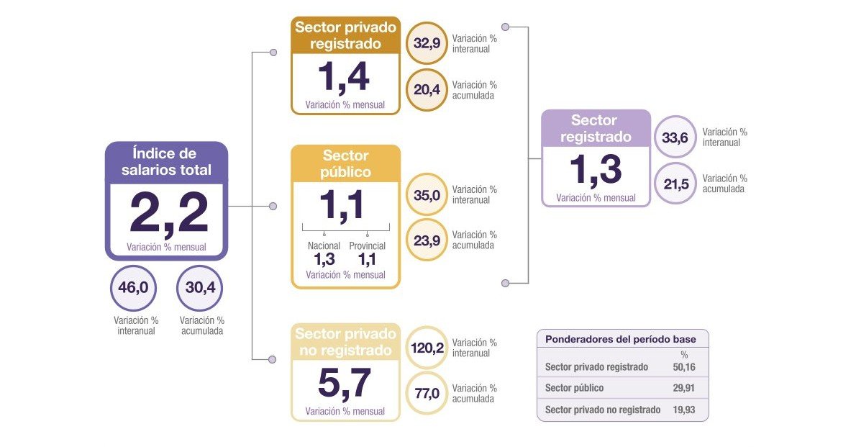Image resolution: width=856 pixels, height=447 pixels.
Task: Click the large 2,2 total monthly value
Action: tap(169, 212)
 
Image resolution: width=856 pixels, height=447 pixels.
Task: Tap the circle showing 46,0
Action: tap(133, 288)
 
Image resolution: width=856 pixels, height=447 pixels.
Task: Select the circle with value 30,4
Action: tap(199, 288)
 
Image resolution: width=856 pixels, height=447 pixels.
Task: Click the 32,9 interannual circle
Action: tap(427, 42)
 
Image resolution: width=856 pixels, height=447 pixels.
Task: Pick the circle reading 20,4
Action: tap(427, 89)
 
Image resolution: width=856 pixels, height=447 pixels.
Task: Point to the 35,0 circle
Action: tap(427, 194)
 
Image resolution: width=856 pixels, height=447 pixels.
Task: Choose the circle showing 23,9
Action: tap(427, 239)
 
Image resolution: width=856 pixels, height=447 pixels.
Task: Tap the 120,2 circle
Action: tap(427, 347)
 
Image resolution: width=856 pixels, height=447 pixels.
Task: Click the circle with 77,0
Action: tap(427, 392)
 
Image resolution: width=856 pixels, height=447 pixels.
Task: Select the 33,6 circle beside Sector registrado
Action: tap(675, 137)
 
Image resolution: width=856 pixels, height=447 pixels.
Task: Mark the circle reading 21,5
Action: tap(675, 184)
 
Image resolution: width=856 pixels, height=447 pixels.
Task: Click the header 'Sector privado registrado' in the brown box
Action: tap(345, 35)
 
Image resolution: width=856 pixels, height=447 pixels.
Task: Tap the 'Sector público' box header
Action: tap(345, 163)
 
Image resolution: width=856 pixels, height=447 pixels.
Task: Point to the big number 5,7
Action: tap(345, 383)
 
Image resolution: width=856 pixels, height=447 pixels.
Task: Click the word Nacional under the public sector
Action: tap(324, 246)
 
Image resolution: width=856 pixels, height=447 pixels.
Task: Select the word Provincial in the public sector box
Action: tap(367, 246)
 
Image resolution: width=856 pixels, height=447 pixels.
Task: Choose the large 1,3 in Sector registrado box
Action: tap(595, 170)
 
